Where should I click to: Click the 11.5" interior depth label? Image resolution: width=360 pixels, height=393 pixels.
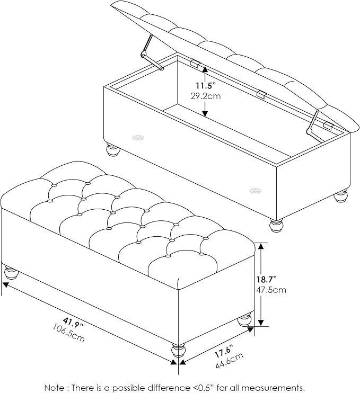click(206, 85)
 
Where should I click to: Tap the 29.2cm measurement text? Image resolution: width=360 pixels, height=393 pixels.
click(206, 96)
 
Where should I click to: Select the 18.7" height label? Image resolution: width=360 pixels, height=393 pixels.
click(267, 279)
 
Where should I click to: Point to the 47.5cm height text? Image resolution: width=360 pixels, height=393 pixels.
click(271, 290)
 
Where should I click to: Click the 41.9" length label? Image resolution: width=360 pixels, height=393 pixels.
click(73, 323)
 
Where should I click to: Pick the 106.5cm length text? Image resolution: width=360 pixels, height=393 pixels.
click(69, 333)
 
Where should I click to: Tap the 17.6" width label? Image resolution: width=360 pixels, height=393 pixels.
click(224, 351)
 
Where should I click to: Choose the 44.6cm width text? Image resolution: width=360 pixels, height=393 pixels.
click(230, 360)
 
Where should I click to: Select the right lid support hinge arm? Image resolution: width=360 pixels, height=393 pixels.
click(313, 128)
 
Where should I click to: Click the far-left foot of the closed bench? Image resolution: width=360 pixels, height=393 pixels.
click(11, 272)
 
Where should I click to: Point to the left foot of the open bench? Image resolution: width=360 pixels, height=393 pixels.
click(113, 149)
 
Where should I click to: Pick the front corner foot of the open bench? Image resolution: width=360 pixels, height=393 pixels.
click(276, 225)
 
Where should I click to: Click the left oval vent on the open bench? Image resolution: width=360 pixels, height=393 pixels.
click(138, 137)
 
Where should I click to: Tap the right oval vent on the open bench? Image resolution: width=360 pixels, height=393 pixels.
click(256, 191)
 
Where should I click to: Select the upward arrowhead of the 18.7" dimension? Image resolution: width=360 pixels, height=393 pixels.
click(261, 246)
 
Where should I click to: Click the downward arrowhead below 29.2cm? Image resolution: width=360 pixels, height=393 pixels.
click(206, 113)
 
